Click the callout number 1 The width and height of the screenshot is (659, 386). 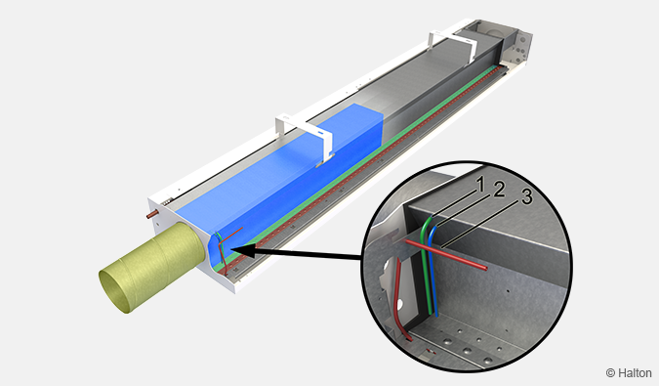[480, 184]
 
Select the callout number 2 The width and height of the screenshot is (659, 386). [499, 190]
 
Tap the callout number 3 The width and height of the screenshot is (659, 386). [527, 197]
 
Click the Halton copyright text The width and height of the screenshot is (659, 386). [629, 372]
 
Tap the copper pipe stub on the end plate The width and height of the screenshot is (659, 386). [152, 214]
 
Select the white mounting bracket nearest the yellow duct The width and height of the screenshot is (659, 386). [305, 137]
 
